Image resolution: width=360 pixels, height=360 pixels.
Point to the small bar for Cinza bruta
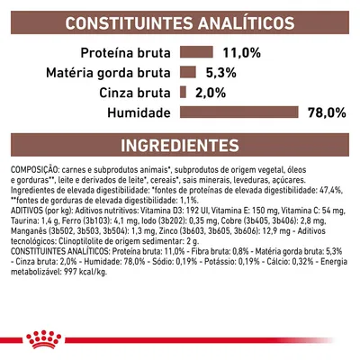click(183, 92)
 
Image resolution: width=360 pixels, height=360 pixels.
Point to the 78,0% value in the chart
click(327, 112)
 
